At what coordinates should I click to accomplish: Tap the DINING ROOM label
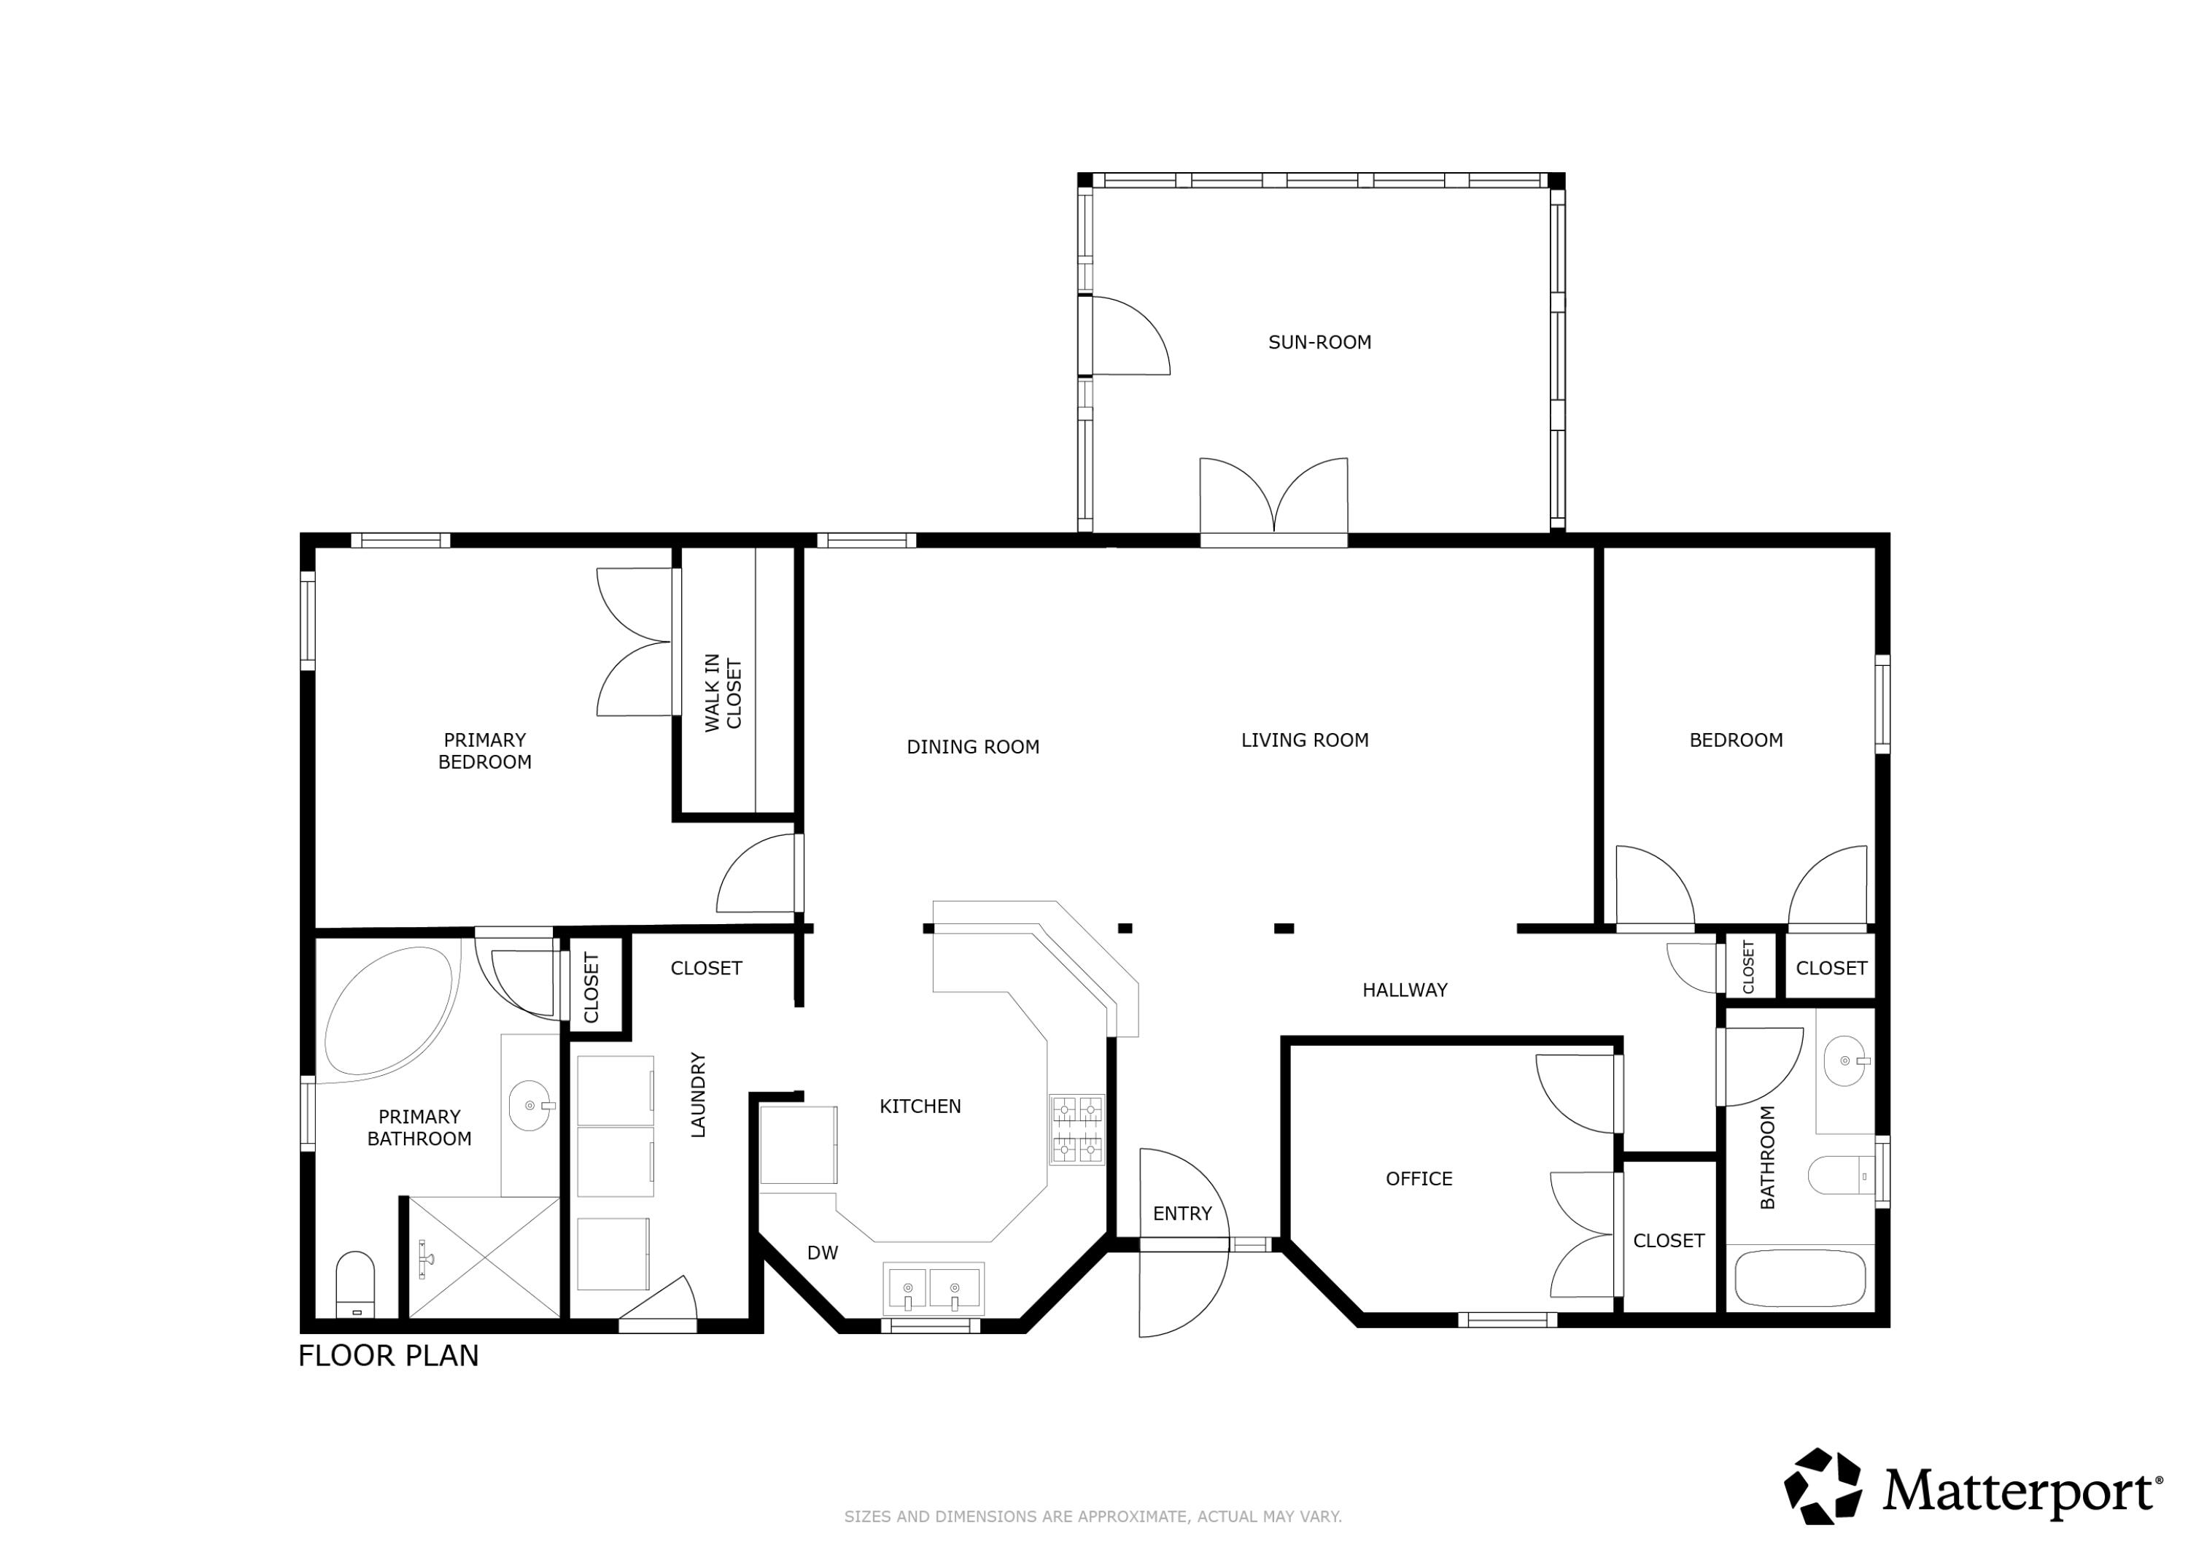point(972,748)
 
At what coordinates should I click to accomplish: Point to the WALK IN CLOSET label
point(722,693)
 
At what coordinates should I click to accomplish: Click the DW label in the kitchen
point(823,1253)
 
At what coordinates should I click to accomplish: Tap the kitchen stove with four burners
point(1076,1130)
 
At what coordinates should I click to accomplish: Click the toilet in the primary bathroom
point(355,1284)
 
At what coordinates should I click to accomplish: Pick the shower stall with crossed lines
point(484,1258)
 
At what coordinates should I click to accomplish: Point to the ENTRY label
point(1182,1214)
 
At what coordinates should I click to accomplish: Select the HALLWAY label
point(1404,990)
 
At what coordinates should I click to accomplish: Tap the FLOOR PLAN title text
point(388,1355)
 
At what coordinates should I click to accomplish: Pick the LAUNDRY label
point(697,1096)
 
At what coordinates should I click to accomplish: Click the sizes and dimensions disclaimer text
point(1092,1516)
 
